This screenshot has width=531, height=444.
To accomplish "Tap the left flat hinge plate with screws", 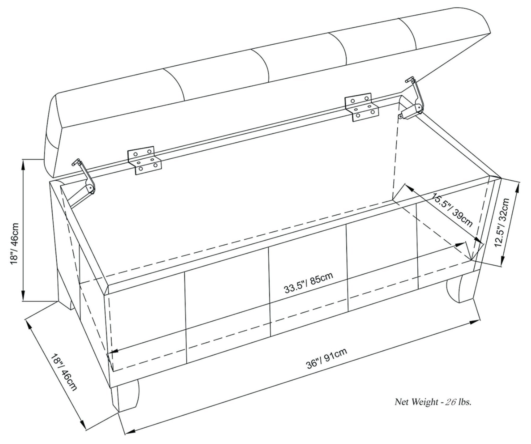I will tap(144, 161).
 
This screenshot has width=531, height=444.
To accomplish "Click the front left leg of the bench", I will tap(125, 401).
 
